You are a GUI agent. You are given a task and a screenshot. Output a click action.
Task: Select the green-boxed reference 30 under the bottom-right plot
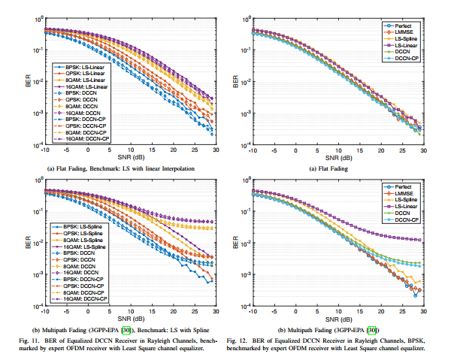tap(371, 329)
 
